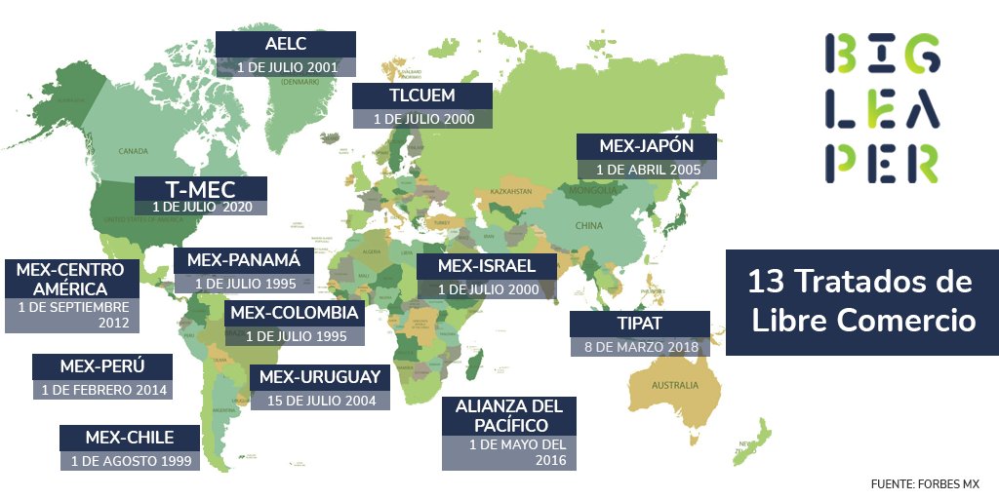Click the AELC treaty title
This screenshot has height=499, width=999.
(x=285, y=45)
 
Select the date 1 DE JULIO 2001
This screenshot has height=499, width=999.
(x=287, y=68)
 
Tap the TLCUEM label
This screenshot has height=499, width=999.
(x=421, y=96)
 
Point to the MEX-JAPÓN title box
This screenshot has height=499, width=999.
(x=647, y=146)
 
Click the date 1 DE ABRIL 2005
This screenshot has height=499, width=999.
(x=648, y=169)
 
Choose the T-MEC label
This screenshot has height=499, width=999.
(x=199, y=187)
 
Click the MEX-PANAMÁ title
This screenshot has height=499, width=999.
(x=244, y=260)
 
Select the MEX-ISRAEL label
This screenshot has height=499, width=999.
(x=486, y=266)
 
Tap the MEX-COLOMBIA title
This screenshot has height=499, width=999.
(x=295, y=313)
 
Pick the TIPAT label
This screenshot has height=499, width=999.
(x=639, y=323)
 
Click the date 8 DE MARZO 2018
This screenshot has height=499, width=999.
(x=639, y=347)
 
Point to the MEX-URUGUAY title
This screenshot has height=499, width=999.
(x=320, y=377)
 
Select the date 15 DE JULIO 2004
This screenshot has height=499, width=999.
(x=320, y=400)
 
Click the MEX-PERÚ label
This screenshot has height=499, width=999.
(x=102, y=366)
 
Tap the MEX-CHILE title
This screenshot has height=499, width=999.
(x=130, y=437)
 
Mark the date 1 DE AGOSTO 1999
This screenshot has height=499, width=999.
(x=130, y=460)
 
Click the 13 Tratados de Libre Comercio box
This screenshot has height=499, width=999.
(x=861, y=301)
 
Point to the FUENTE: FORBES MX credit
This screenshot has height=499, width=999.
(x=925, y=483)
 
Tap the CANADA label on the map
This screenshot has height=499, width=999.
(x=133, y=151)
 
